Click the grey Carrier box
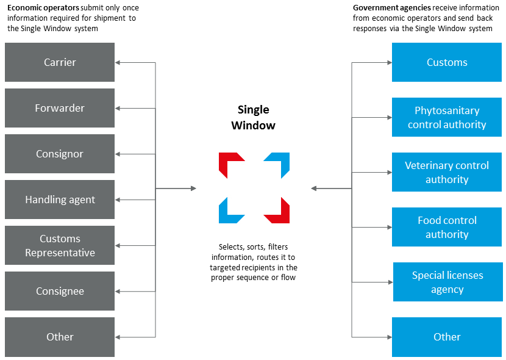(60, 62)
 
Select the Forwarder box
(60, 108)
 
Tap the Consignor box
(60, 154)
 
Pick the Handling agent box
(60, 200)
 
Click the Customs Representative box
(60, 245)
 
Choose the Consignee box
(60, 291)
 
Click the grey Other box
(60, 337)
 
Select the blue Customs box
(447, 62)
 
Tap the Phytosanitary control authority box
(447, 117)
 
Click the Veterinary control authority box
(447, 172)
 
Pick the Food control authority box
(447, 227)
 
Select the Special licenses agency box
(447, 282)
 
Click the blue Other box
(447, 337)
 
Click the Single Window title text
(254, 117)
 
